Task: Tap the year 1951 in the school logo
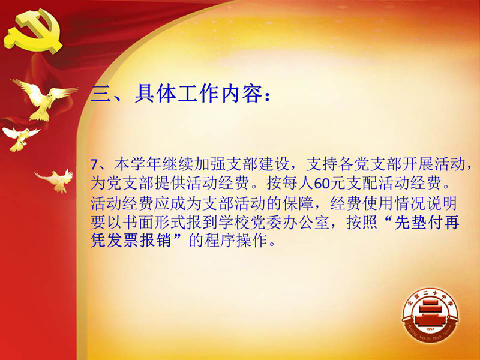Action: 430,329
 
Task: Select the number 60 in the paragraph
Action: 322,184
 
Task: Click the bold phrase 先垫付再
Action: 427,223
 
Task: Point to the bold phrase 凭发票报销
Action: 131,241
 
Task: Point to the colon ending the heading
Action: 267,95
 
